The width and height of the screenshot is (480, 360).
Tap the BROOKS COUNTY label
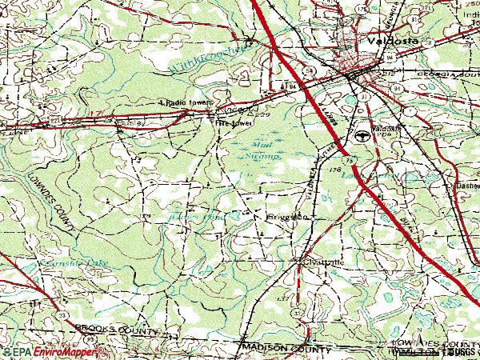point(107,328)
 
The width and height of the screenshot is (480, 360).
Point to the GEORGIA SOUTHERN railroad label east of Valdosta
point(444,74)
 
